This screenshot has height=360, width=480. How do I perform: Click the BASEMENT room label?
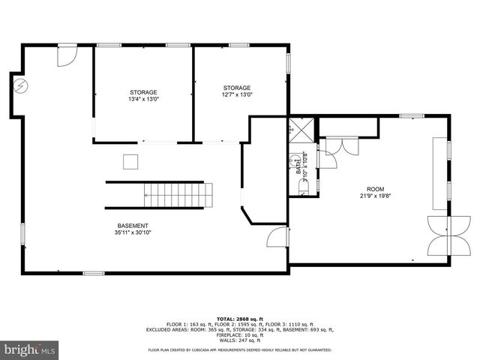tap(133, 226)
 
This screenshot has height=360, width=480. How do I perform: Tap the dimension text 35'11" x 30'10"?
tap(133, 232)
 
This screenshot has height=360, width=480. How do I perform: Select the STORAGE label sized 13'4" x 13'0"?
tap(144, 92)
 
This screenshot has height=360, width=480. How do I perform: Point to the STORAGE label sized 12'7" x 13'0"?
tap(236, 88)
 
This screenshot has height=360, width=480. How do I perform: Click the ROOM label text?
tap(374, 189)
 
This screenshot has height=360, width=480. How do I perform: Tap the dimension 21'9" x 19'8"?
tap(374, 196)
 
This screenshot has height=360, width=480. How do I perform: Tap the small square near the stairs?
tap(132, 161)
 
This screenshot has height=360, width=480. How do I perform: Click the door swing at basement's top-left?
tap(67, 55)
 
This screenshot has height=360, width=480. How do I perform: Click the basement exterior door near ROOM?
tap(277, 238)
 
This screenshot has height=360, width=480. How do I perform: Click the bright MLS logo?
tap(30, 349)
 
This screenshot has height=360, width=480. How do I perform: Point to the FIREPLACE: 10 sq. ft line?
tap(239, 334)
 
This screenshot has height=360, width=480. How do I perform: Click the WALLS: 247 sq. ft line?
tap(239, 340)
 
